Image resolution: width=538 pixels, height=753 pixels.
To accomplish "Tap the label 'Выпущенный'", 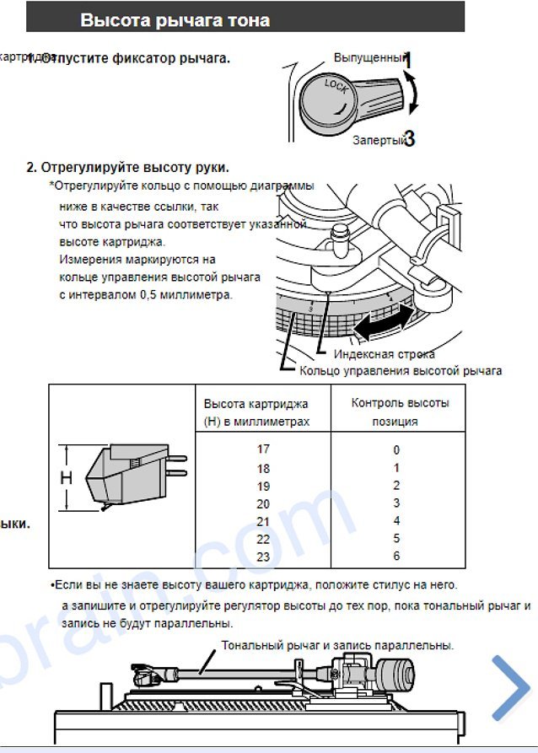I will [369, 58].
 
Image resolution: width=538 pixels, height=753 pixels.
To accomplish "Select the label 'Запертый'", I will [379, 140].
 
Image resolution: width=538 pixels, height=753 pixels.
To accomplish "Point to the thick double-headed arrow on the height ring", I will [384, 321].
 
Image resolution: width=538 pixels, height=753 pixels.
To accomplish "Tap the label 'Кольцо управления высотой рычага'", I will [401, 371].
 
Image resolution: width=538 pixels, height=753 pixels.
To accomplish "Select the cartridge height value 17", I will [263, 449].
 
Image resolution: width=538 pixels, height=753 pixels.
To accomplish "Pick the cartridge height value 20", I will [263, 503].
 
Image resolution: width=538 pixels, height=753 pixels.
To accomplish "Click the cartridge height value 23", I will [263, 557].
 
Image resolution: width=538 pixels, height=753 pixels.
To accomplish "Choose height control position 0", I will [395, 450].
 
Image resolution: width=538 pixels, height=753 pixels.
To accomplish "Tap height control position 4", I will [395, 521].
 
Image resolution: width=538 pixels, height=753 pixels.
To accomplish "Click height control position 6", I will [395, 557].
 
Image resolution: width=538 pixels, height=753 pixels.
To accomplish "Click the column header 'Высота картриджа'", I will [256, 404].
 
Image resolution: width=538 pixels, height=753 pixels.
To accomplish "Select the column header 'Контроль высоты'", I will [400, 402].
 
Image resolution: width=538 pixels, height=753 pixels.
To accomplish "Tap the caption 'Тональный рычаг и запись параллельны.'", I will [337, 645].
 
